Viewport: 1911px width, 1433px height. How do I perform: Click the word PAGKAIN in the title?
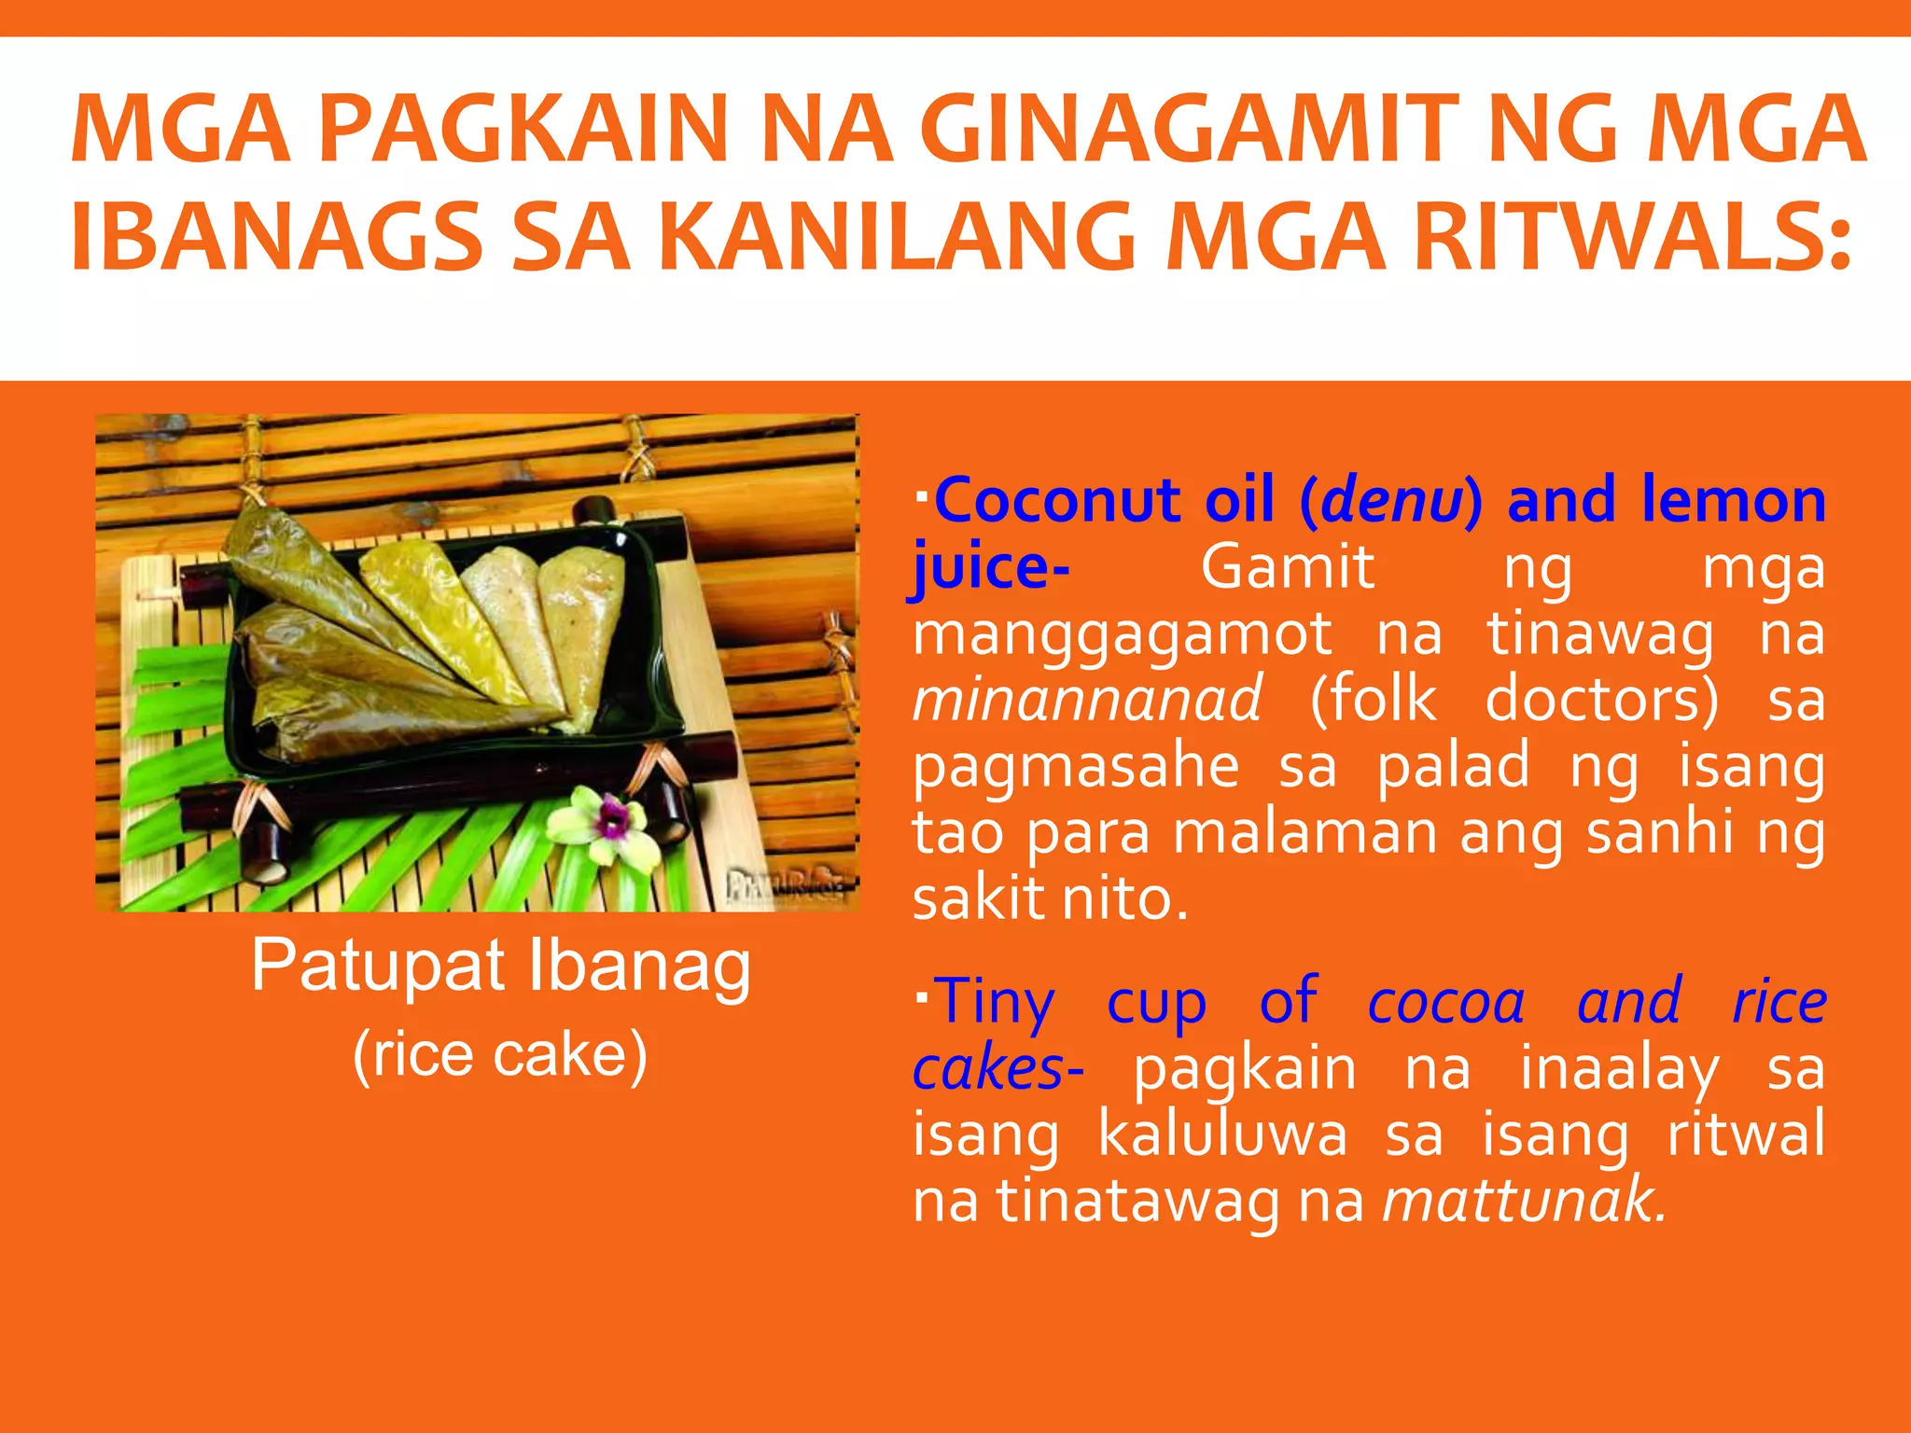click(523, 131)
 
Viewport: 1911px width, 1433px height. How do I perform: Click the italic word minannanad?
click(1087, 701)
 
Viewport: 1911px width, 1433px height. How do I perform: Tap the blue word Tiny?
click(994, 1002)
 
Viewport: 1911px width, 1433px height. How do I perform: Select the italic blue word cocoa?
click(1445, 1002)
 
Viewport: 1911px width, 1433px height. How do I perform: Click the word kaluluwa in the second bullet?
click(1222, 1135)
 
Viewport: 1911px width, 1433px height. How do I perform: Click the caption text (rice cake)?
click(499, 1055)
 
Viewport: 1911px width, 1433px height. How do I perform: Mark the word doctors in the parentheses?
click(1601, 701)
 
